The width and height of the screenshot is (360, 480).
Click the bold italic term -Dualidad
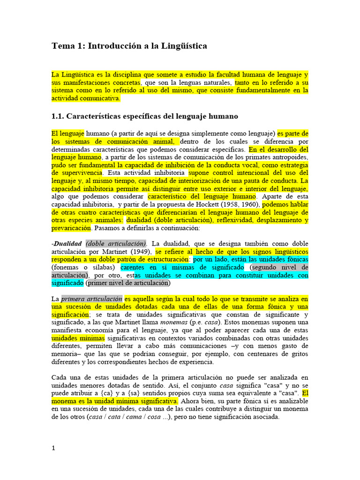tap(67, 244)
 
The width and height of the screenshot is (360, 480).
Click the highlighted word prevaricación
tap(71, 228)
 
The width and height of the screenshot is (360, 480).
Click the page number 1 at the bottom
tap(53, 448)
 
